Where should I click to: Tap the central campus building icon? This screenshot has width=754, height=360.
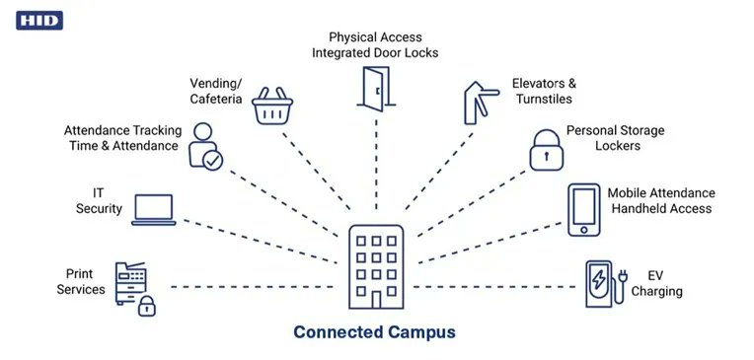pos(376,267)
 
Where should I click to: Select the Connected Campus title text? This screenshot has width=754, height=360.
pos(375,332)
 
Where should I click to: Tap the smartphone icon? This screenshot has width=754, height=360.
pos(584,208)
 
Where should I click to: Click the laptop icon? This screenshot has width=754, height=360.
pos(153,209)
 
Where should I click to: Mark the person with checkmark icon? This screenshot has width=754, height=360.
pos(206,145)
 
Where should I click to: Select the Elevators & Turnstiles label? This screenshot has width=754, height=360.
pos(544,92)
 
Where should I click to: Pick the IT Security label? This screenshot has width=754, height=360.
pos(100,201)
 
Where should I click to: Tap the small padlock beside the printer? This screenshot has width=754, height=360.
pos(146,305)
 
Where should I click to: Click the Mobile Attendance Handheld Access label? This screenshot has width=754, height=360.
pos(660,200)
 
